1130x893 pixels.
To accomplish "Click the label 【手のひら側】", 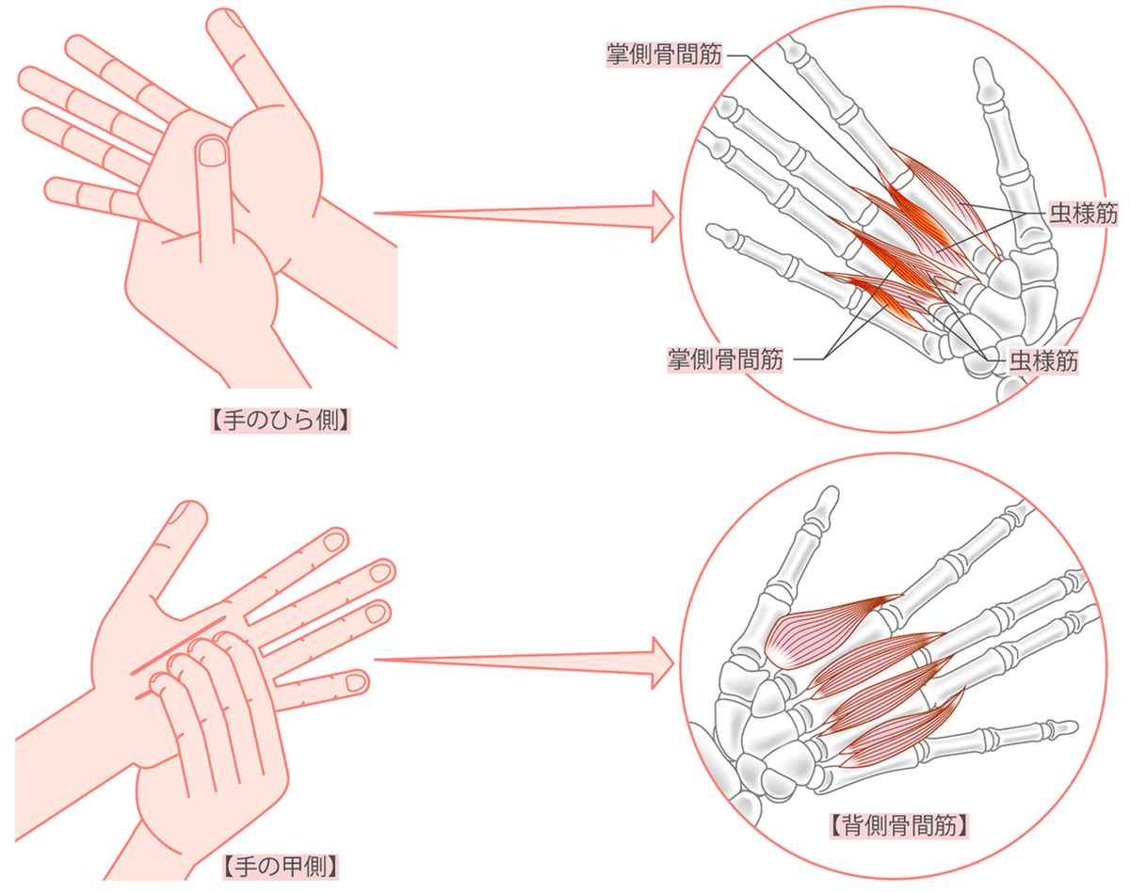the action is click(281, 421).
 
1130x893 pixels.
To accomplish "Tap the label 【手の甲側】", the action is click(281, 867).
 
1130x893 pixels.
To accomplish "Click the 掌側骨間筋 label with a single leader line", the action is click(664, 54).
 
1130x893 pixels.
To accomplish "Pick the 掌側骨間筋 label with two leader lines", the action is click(725, 359).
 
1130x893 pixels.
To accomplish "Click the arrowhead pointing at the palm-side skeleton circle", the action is click(662, 216).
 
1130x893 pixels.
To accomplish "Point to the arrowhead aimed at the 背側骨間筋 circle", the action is click(662, 663).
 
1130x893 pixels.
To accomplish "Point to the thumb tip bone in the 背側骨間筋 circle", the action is click(823, 502).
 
